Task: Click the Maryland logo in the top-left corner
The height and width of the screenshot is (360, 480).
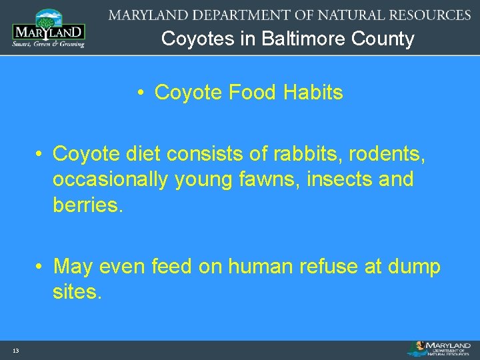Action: [48, 28]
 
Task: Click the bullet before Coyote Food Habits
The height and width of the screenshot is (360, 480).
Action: [142, 93]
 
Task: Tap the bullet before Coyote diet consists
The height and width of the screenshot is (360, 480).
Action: [41, 154]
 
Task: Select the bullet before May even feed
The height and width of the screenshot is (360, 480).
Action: [41, 267]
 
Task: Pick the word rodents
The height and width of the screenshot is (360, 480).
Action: [387, 154]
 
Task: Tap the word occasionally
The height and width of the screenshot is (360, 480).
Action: [111, 179]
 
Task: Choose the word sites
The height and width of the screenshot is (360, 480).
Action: [77, 292]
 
